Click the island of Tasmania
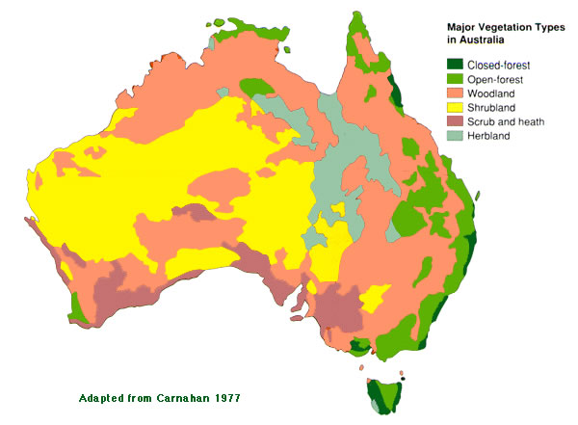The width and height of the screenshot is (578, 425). coord(382,396)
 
